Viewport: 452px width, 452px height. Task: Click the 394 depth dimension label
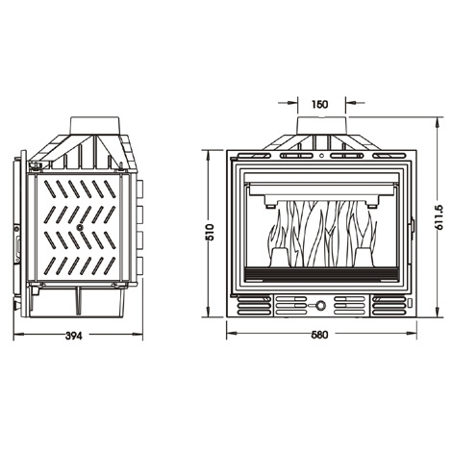pos(74,336)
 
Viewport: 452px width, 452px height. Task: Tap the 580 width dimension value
pos(319,335)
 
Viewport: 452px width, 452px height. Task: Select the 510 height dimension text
pos(209,232)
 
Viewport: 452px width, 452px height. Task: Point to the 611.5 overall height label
pos(439,217)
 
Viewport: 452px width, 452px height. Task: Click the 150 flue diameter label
pos(319,104)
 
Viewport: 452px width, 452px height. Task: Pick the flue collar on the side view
pos(95,125)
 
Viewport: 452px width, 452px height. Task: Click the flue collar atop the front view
pos(321,125)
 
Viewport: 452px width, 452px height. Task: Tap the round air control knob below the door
pos(320,305)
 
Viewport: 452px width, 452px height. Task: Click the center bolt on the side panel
pos(79,227)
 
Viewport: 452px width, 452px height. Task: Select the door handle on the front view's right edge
pos(413,225)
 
